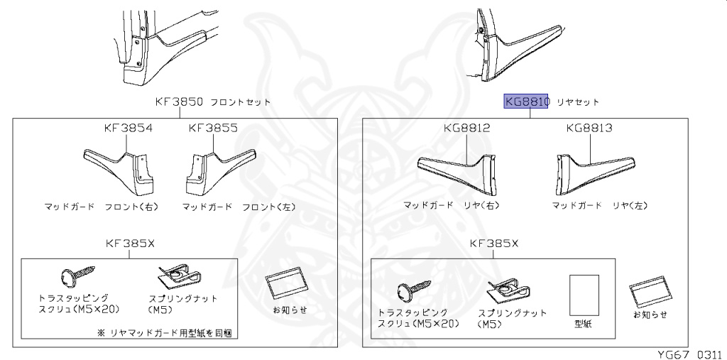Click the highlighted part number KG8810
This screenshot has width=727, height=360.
click(x=527, y=102)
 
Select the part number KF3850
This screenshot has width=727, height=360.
click(x=180, y=102)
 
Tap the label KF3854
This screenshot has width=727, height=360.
click(x=129, y=129)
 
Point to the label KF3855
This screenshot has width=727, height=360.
click(x=213, y=129)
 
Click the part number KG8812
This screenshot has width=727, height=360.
click(x=466, y=129)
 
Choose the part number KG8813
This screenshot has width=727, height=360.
click(x=589, y=129)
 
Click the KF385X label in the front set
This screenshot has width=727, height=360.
click(x=130, y=243)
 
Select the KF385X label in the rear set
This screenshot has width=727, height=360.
click(x=494, y=243)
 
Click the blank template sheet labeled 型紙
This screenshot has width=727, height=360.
click(x=584, y=294)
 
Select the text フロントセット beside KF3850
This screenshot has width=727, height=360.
click(x=241, y=102)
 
